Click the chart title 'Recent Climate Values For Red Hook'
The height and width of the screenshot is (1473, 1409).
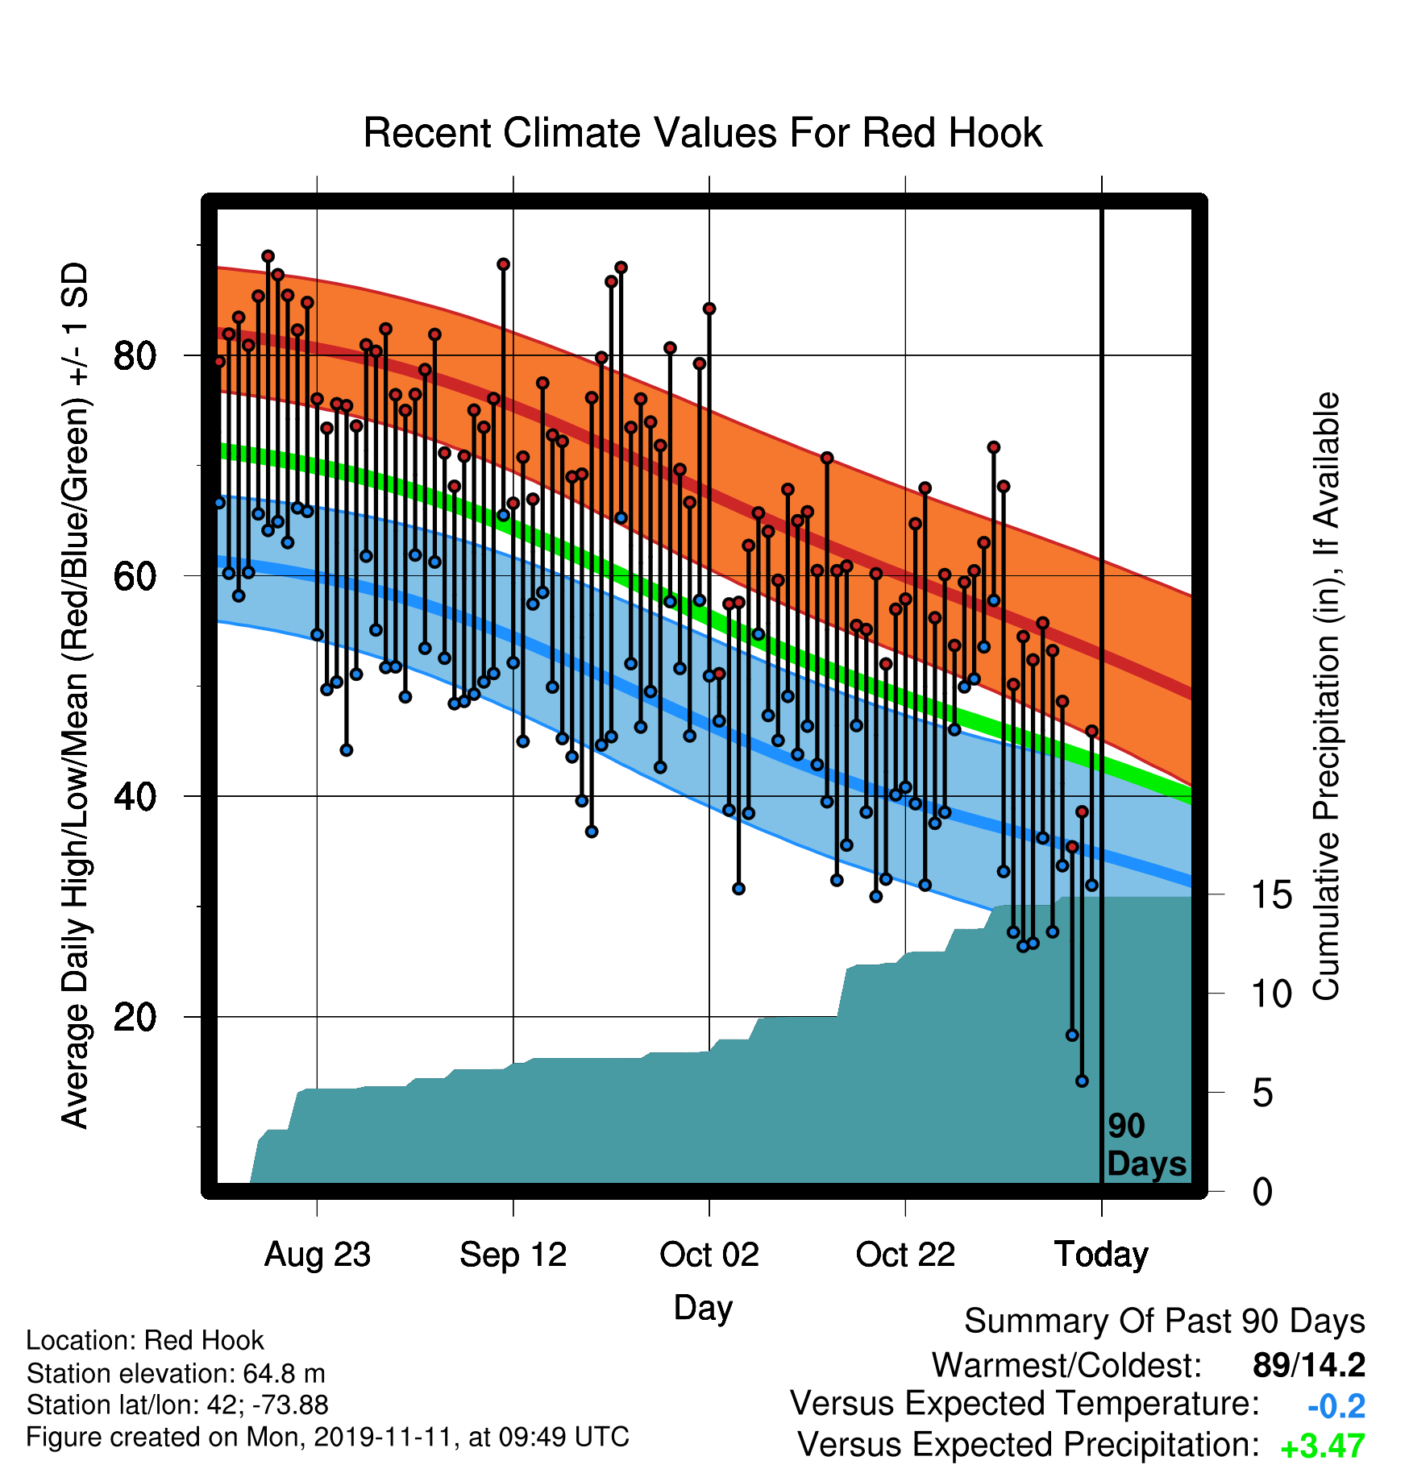pyautogui.click(x=703, y=133)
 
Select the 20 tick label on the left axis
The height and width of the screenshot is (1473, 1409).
pyautogui.click(x=135, y=1017)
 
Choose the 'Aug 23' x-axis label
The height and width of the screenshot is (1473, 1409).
pyautogui.click(x=318, y=1255)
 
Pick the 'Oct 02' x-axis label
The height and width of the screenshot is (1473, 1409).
pyautogui.click(x=709, y=1255)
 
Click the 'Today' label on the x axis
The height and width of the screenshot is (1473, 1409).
pyautogui.click(x=1102, y=1255)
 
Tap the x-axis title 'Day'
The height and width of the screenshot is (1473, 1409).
pyautogui.click(x=703, y=1308)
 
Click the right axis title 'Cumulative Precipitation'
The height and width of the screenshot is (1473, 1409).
pyautogui.click(x=1326, y=696)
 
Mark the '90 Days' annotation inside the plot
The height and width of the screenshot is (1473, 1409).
pyautogui.click(x=1146, y=1145)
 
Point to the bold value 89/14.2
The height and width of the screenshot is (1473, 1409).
pyautogui.click(x=1309, y=1365)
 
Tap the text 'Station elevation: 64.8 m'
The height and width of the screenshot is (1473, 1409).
pyautogui.click(x=176, y=1372)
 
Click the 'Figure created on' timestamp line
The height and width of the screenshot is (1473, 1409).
pyautogui.click(x=327, y=1437)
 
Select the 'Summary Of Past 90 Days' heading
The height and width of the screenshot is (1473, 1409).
pyautogui.click(x=1165, y=1322)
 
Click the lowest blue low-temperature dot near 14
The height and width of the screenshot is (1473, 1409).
pyautogui.click(x=1082, y=1081)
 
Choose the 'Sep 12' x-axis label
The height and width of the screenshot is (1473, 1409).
pyautogui.click(x=513, y=1255)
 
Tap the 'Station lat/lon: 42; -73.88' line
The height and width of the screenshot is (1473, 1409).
pyautogui.click(x=177, y=1405)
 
